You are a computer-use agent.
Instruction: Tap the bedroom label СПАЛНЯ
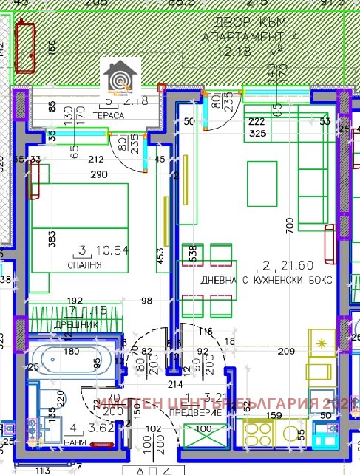(86, 264)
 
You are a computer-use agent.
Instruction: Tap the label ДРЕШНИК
(76, 324)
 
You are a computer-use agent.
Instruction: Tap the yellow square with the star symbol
(322, 343)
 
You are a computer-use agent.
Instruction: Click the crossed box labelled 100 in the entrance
(208, 434)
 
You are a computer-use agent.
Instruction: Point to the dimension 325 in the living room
(257, 134)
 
